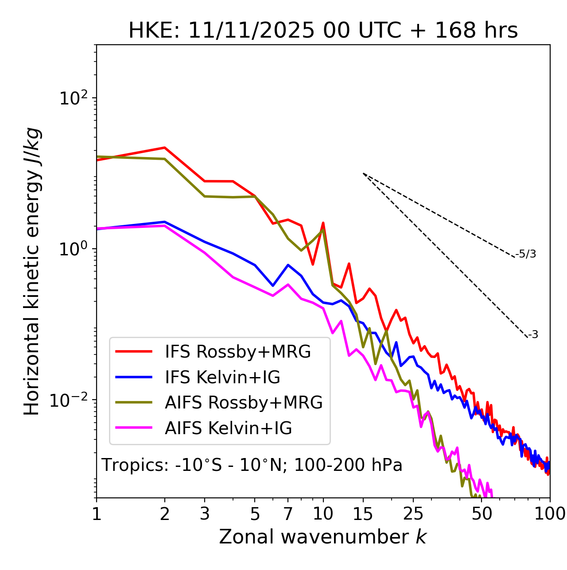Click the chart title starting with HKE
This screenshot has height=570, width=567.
(323, 31)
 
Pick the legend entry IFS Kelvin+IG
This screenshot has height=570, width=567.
(222, 377)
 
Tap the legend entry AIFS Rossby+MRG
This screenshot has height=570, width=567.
(244, 402)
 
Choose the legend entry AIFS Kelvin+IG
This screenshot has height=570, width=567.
(228, 428)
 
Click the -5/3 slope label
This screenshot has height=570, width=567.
(526, 254)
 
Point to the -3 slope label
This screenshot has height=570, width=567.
(533, 335)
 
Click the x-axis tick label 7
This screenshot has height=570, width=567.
(288, 514)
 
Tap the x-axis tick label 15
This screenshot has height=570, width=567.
(363, 514)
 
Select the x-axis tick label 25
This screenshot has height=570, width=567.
(413, 514)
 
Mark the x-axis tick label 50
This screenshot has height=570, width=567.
(482, 514)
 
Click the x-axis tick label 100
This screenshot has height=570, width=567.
(550, 514)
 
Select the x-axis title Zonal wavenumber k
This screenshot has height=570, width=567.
(323, 537)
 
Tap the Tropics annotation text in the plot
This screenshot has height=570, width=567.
(252, 465)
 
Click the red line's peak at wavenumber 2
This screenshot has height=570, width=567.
(165, 148)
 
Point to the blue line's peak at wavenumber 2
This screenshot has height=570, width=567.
(165, 222)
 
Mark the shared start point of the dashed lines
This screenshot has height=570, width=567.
(363, 173)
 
